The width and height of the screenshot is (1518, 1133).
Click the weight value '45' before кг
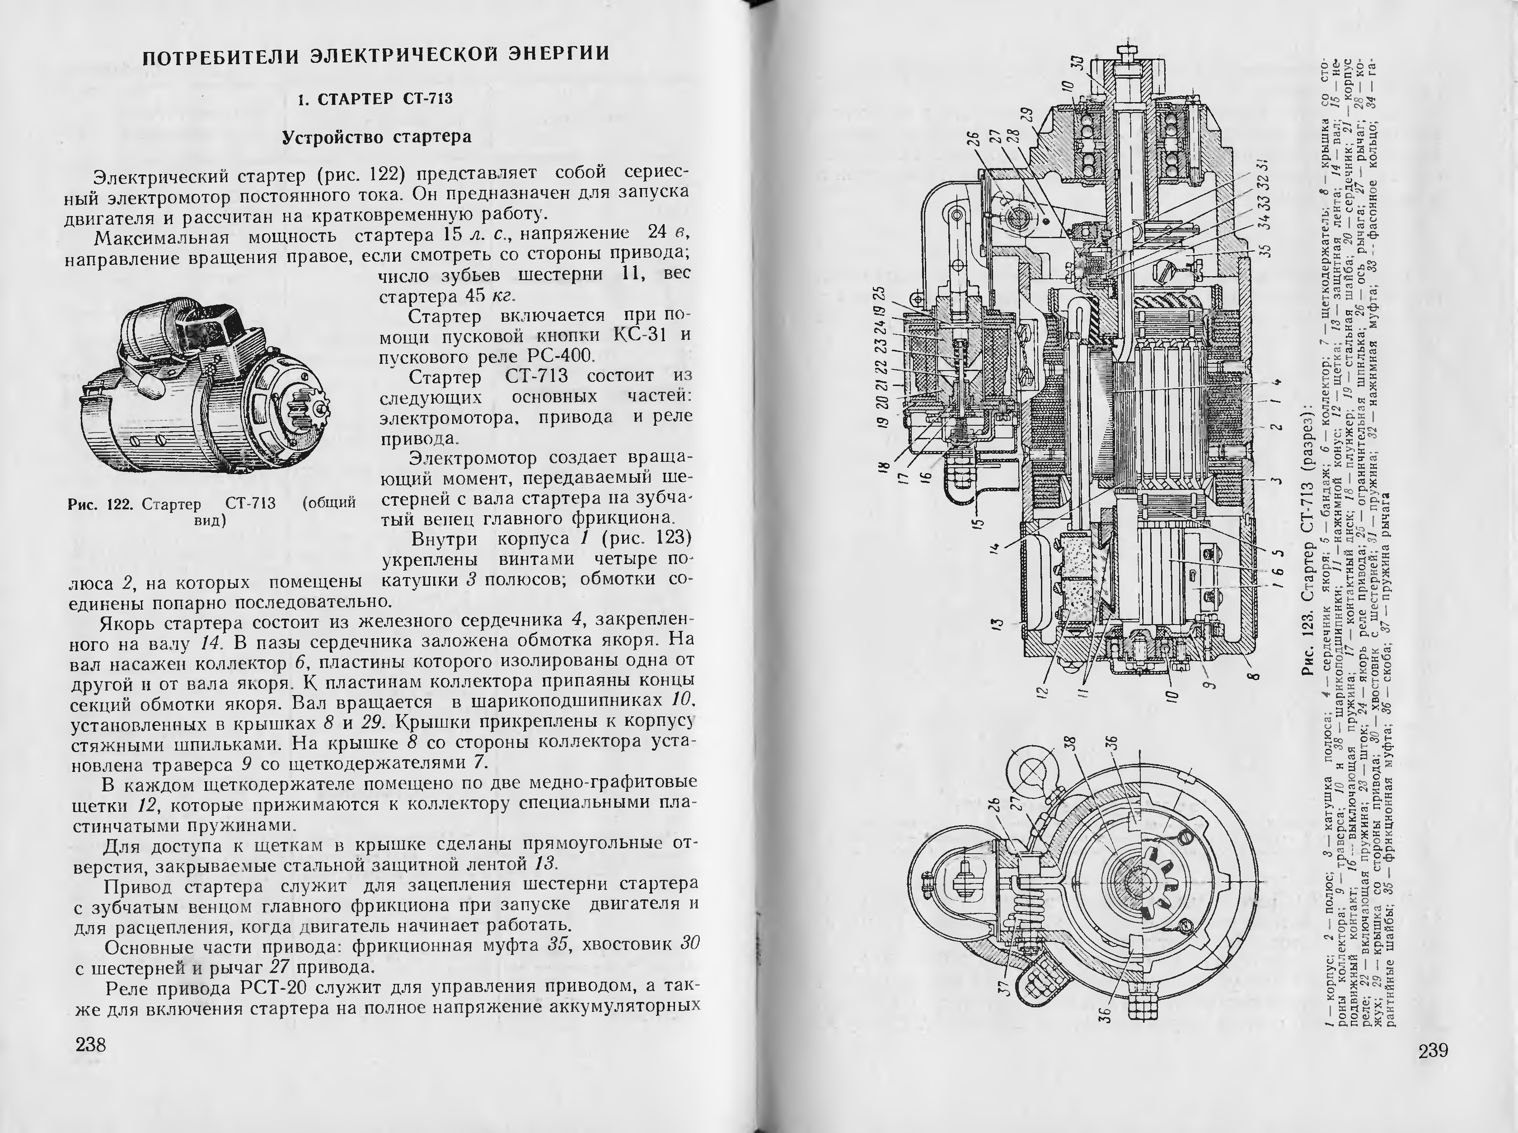475,296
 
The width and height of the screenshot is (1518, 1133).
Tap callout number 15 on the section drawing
980,522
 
